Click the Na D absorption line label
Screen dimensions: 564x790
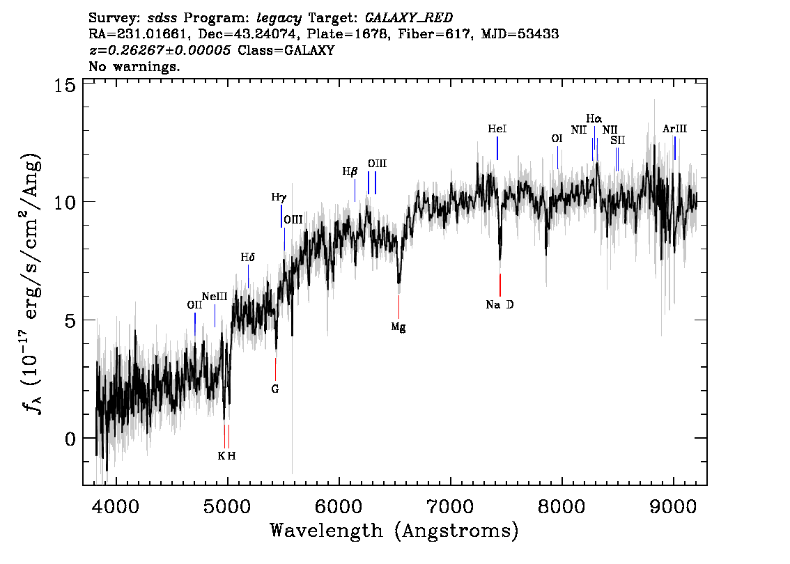pyautogui.click(x=499, y=304)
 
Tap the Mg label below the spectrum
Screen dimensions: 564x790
pyautogui.click(x=398, y=327)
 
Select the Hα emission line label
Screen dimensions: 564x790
pyautogui.click(x=594, y=119)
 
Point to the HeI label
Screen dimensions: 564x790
pyautogui.click(x=497, y=130)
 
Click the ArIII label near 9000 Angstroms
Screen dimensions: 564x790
pyautogui.click(x=674, y=129)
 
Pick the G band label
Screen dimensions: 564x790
pyautogui.click(x=275, y=389)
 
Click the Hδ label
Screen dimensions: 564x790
pyautogui.click(x=248, y=258)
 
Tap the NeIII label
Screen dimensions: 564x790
pyautogui.click(x=215, y=297)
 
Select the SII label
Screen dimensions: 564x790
pyautogui.click(x=618, y=140)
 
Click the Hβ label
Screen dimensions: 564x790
pyautogui.click(x=350, y=171)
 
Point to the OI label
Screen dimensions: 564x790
pyautogui.click(x=557, y=139)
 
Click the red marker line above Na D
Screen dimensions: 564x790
pyautogui.click(x=500, y=285)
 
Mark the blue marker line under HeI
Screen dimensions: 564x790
pyautogui.click(x=497, y=148)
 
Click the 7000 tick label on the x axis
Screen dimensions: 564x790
pyautogui.click(x=450, y=503)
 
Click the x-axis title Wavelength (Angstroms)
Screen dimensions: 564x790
pyautogui.click(x=394, y=531)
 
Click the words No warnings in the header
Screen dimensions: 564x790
pyautogui.click(x=134, y=67)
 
